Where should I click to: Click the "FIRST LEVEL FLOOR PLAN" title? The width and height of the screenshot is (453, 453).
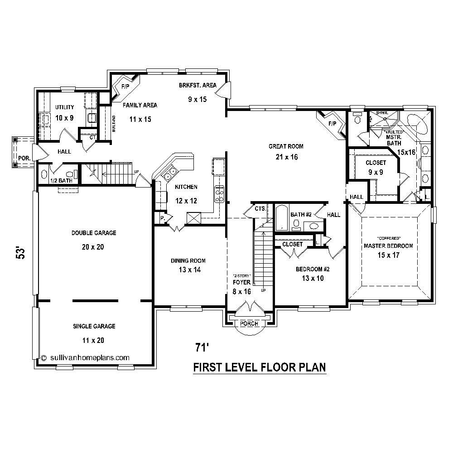pyautogui.click(x=260, y=367)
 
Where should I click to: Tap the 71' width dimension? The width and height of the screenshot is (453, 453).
pyautogui.click(x=202, y=347)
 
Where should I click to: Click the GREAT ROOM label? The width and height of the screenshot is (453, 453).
pyautogui.click(x=286, y=146)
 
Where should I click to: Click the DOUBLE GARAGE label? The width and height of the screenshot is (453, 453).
pyautogui.click(x=94, y=233)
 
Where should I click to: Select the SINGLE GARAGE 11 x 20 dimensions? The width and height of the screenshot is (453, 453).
pyautogui.click(x=94, y=340)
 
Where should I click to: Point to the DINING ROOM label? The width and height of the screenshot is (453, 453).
pyautogui.click(x=188, y=260)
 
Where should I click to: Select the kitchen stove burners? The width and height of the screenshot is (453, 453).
pyautogui.click(x=219, y=193)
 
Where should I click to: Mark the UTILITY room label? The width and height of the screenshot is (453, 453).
pyautogui.click(x=64, y=107)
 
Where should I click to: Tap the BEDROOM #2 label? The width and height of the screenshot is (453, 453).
pyautogui.click(x=313, y=269)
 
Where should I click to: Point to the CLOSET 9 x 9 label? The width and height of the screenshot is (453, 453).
pyautogui.click(x=376, y=163)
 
